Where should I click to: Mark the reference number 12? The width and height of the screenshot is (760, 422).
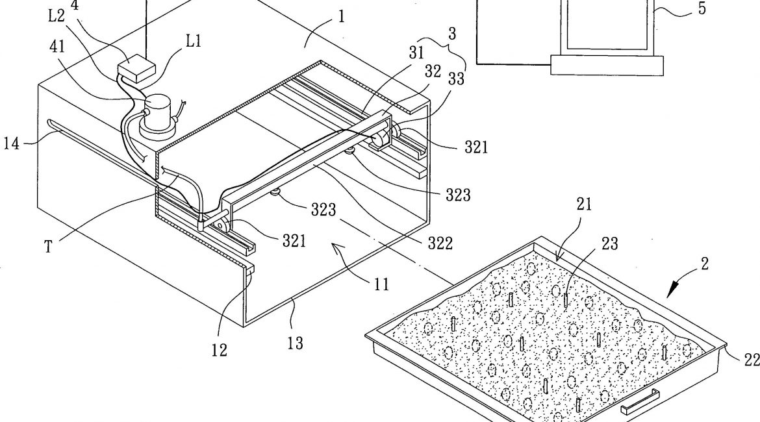219,351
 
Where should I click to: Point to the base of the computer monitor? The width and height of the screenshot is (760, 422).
607,64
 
